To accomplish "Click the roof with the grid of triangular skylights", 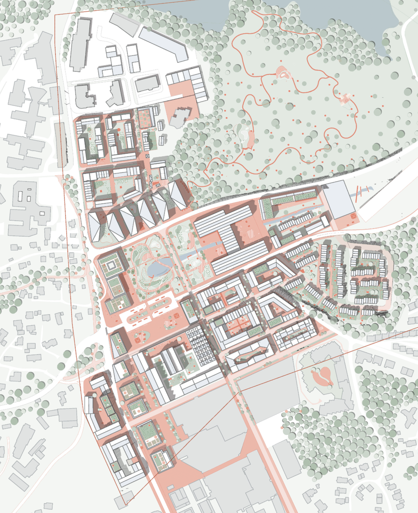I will click(203, 346).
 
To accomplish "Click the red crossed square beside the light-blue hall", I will click(353, 217).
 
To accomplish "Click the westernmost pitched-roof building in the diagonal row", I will click(96, 227).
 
